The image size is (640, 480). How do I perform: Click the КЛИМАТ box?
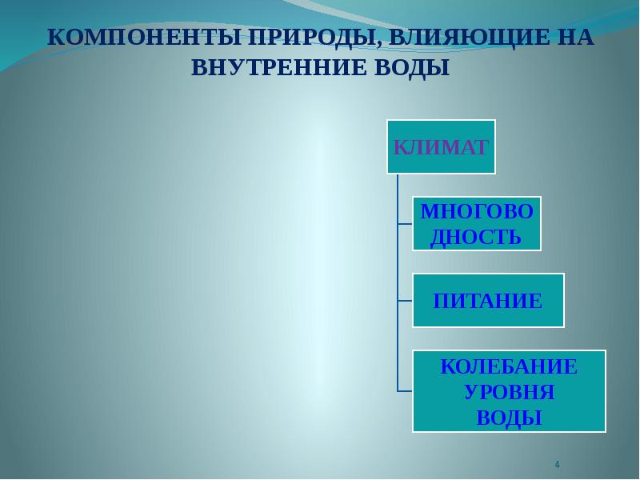pyautogui.click(x=441, y=146)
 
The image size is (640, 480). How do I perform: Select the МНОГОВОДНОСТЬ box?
pyautogui.click(x=477, y=224)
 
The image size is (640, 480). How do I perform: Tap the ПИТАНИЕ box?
pyautogui.click(x=488, y=300)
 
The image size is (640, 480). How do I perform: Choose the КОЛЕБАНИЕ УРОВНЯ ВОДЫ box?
pyautogui.click(x=510, y=391)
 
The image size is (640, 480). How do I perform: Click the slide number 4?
pyautogui.click(x=557, y=465)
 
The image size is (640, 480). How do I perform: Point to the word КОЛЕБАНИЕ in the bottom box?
pyautogui.click(x=510, y=368)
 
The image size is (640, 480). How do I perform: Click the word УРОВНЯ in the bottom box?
pyautogui.click(x=510, y=393)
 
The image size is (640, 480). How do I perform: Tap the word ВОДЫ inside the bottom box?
pyautogui.click(x=510, y=418)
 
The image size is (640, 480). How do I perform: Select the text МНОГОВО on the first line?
pyautogui.click(x=477, y=212)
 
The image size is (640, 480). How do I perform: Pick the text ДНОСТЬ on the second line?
pyautogui.click(x=476, y=237)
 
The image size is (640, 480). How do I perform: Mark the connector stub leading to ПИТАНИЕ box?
pyautogui.click(x=405, y=301)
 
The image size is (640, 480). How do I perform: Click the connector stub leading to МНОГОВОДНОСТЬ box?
pyautogui.click(x=405, y=224)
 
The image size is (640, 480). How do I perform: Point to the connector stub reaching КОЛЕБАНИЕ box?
pyautogui.click(x=405, y=390)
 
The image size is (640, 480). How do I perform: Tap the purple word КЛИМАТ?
pyautogui.click(x=441, y=147)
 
